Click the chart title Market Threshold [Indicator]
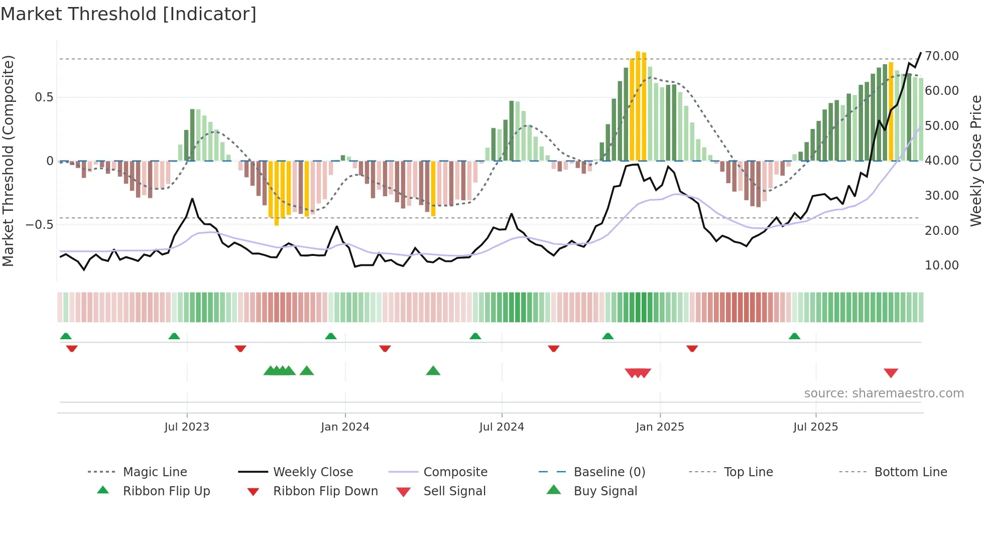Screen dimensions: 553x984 pyautogui.click(x=129, y=14)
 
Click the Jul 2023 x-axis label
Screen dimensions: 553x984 pyautogui.click(x=187, y=427)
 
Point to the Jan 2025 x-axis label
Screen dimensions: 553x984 pyautogui.click(x=660, y=427)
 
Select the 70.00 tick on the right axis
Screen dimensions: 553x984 pyautogui.click(x=942, y=56)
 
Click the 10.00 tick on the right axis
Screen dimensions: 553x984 pyautogui.click(x=942, y=265)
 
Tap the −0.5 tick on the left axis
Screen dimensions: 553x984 pyautogui.click(x=39, y=224)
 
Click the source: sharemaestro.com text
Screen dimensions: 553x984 pyautogui.click(x=884, y=393)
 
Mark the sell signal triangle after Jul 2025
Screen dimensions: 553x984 pyautogui.click(x=891, y=373)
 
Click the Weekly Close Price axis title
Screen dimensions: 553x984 pyautogui.click(x=975, y=161)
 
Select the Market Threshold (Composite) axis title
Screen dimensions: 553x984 pyautogui.click(x=8, y=161)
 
